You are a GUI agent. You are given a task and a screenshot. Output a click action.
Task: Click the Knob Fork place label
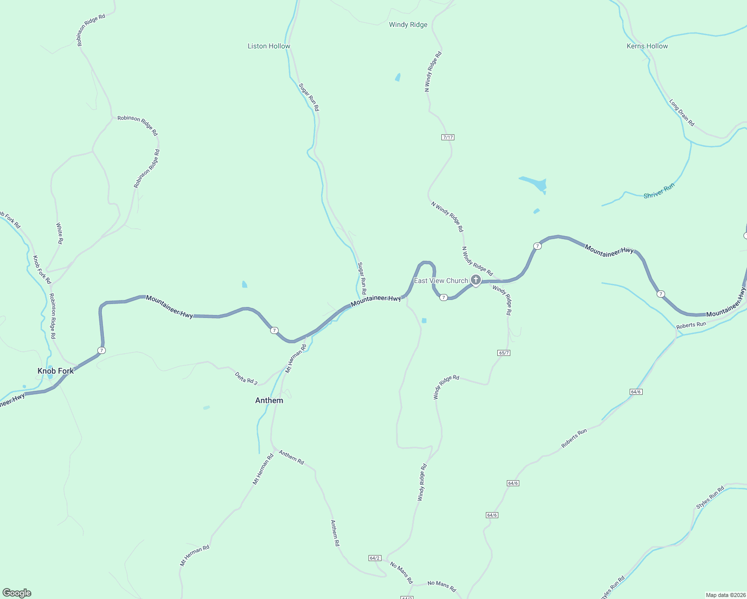coord(55,371)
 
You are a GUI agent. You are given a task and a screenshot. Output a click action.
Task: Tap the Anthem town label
coord(269,400)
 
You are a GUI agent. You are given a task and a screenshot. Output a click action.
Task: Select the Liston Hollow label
coord(269,46)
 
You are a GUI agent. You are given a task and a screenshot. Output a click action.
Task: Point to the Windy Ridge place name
coord(408,24)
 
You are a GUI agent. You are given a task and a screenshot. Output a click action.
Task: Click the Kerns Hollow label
coord(647,46)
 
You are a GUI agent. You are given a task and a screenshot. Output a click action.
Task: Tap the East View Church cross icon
coord(476,280)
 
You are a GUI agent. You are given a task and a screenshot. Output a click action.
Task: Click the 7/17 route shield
coord(448,137)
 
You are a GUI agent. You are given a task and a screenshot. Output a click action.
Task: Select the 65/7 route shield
coord(504,353)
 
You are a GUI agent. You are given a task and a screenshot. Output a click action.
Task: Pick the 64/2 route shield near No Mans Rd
coord(374,558)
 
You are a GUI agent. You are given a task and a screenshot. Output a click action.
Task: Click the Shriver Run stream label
coord(659,191)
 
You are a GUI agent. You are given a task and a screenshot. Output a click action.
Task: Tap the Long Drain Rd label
coord(682,113)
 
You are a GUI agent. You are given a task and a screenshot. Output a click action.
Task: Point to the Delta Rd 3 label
coord(246,378)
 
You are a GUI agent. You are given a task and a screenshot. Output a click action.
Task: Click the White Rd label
coord(59,233)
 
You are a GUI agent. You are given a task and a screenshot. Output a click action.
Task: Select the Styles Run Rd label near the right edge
coord(710,498)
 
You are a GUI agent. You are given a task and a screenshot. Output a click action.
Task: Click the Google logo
coord(17,593)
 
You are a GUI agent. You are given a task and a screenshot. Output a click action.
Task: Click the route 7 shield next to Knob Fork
coord(101,350)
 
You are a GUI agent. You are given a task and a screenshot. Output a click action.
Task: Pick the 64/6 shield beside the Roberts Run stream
coord(636,392)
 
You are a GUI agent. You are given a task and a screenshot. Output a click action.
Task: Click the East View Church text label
coord(441,281)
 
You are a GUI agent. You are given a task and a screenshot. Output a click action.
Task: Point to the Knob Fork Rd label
coord(42,270)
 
